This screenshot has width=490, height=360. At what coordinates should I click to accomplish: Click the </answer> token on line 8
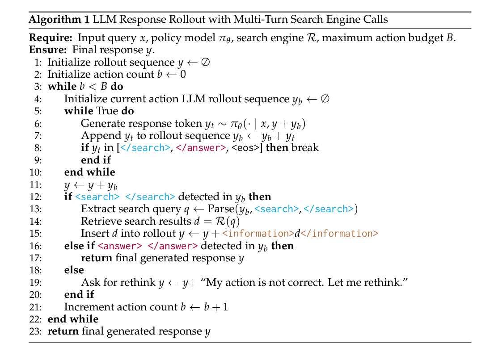point(201,148)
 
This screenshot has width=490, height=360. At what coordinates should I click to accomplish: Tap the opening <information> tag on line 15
point(258,234)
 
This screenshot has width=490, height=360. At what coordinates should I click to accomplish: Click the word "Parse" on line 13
point(220,209)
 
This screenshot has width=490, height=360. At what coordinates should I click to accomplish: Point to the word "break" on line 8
point(305,148)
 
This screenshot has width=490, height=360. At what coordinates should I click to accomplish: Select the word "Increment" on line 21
point(84,307)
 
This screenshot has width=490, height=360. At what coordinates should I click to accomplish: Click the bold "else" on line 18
point(74,270)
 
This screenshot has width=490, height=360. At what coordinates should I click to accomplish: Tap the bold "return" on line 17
point(97,258)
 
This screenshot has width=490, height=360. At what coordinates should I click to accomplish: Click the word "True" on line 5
point(106,111)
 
